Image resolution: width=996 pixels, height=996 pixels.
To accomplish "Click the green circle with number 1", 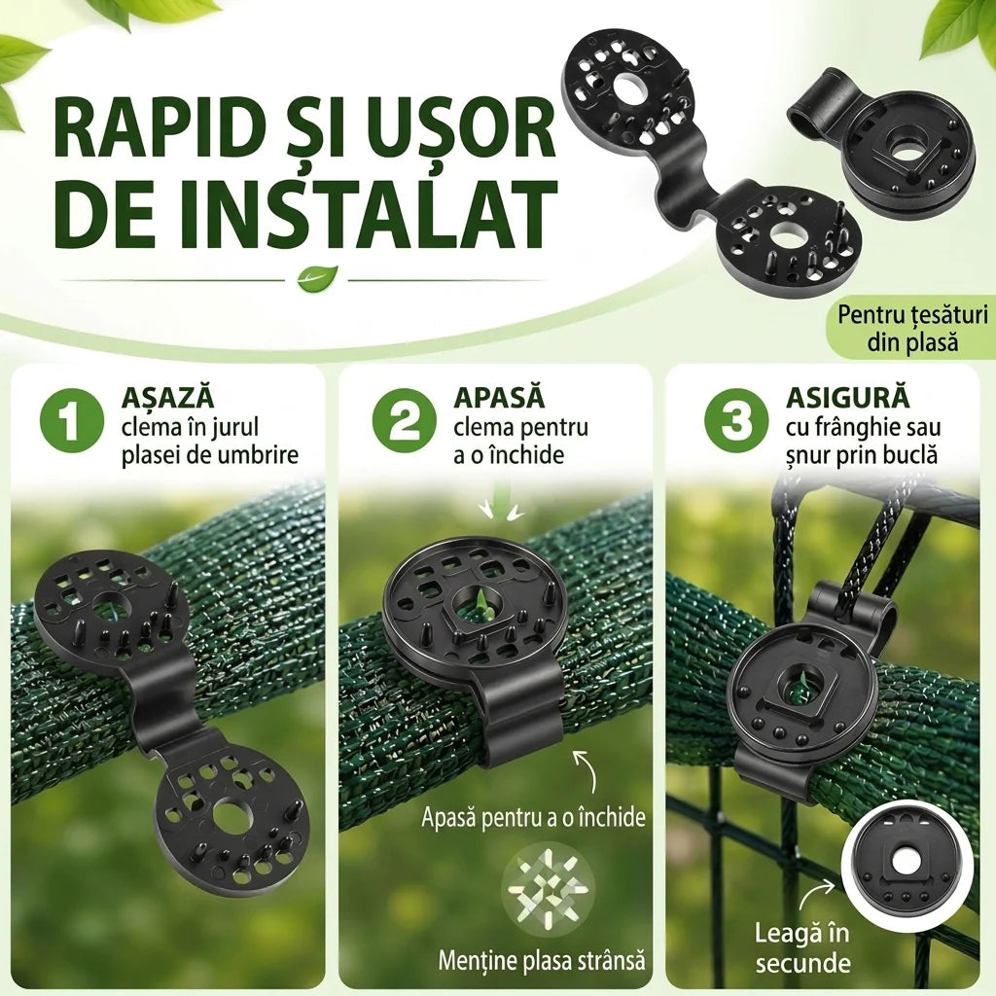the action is (x=71, y=420).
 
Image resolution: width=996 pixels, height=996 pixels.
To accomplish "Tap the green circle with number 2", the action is (x=404, y=420).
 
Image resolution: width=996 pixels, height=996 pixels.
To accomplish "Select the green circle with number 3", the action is (x=736, y=420).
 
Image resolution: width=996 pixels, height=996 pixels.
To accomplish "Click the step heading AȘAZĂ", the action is (x=167, y=397).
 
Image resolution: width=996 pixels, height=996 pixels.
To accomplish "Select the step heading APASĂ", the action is (x=499, y=397).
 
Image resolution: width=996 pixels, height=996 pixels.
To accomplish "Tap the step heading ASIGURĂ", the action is (x=848, y=398).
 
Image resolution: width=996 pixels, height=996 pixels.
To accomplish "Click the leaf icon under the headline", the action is (x=317, y=278).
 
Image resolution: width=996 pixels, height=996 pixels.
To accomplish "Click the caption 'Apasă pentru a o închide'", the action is (x=533, y=817).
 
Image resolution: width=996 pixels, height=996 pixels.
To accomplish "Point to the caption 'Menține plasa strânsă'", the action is (x=541, y=960).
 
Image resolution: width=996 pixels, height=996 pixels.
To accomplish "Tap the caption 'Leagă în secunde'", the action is (x=801, y=947).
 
